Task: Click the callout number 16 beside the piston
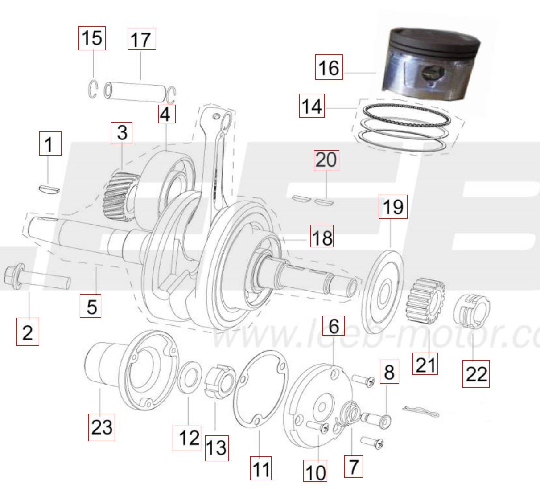click(x=329, y=67)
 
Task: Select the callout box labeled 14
click(x=312, y=106)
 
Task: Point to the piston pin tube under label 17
click(x=135, y=92)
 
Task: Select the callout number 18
click(x=322, y=237)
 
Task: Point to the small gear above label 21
click(x=425, y=301)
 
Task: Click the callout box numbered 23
click(x=102, y=427)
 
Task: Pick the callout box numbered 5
click(x=91, y=306)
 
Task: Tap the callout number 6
click(x=333, y=326)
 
